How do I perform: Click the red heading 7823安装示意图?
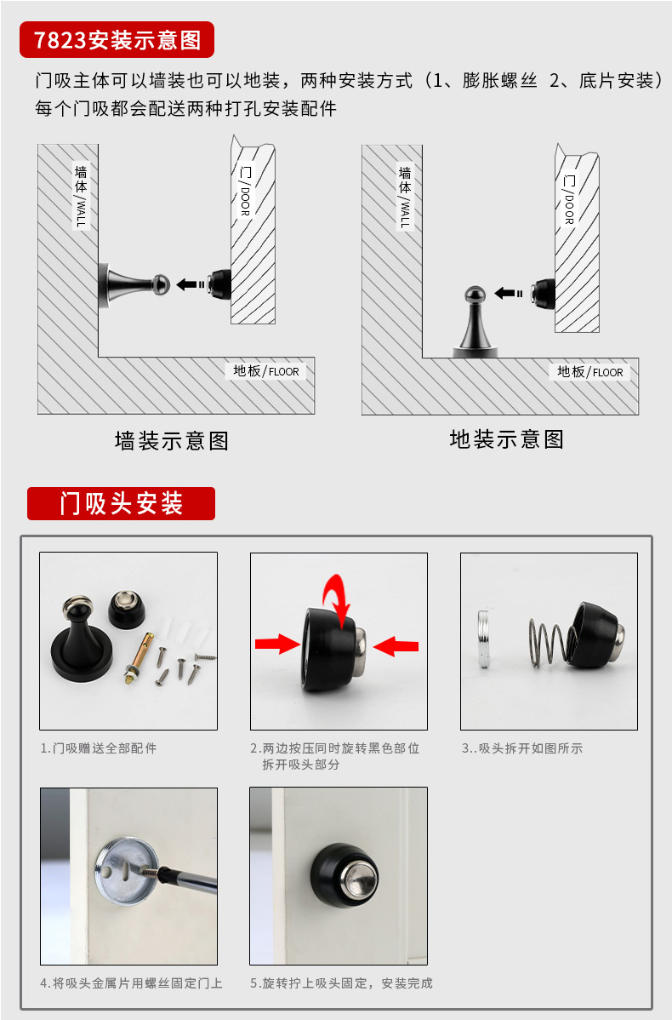coord(117,40)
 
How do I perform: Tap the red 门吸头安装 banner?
coord(121,503)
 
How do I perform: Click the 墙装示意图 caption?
coord(172,441)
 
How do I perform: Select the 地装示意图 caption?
coord(506,439)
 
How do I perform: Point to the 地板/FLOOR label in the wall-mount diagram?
coord(265,370)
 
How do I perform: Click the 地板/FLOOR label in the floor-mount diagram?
coord(590,371)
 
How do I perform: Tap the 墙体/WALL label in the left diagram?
coord(81,196)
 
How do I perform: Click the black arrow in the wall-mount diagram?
coord(191,284)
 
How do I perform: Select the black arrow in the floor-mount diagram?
coord(508,294)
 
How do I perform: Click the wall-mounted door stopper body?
coord(134,285)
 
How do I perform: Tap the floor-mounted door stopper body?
coord(476,323)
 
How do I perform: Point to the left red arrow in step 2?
coord(276,644)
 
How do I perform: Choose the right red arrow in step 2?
coord(396,646)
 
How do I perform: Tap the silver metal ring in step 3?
coord(484,630)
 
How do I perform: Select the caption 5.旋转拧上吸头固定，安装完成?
coord(341,983)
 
